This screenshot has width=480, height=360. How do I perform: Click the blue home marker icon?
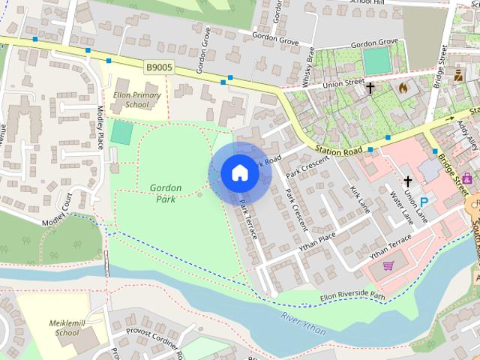click(x=239, y=172)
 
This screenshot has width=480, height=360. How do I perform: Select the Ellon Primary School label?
click(x=130, y=100)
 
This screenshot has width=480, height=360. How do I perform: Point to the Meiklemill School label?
click(x=64, y=326)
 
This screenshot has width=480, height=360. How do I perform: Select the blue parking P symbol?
click(x=424, y=201)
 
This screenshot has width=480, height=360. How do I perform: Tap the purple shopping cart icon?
click(x=388, y=265)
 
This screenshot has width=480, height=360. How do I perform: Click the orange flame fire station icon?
click(x=403, y=88)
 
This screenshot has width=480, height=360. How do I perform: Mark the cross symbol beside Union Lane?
click(x=408, y=181)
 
